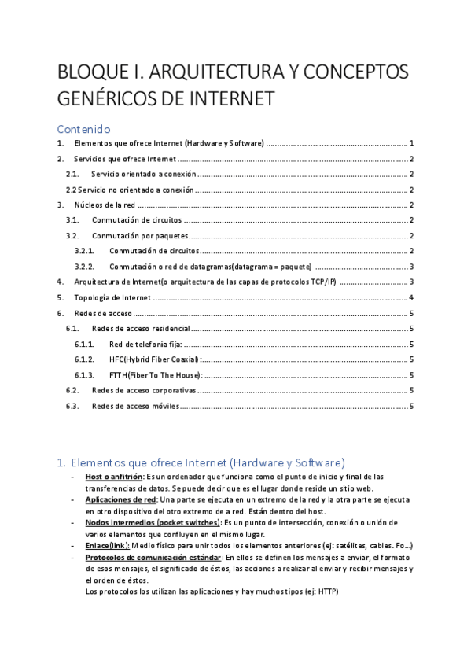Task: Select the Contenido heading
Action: point(84,128)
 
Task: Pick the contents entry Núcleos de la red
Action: point(105,205)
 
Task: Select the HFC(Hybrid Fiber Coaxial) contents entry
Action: point(153,359)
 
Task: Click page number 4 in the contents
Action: point(411,297)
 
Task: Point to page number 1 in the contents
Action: point(411,143)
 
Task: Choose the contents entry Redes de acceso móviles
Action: point(135,406)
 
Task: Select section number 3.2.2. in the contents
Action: point(84,267)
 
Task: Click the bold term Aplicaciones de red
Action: point(120,499)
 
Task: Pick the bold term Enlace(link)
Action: point(108,546)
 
